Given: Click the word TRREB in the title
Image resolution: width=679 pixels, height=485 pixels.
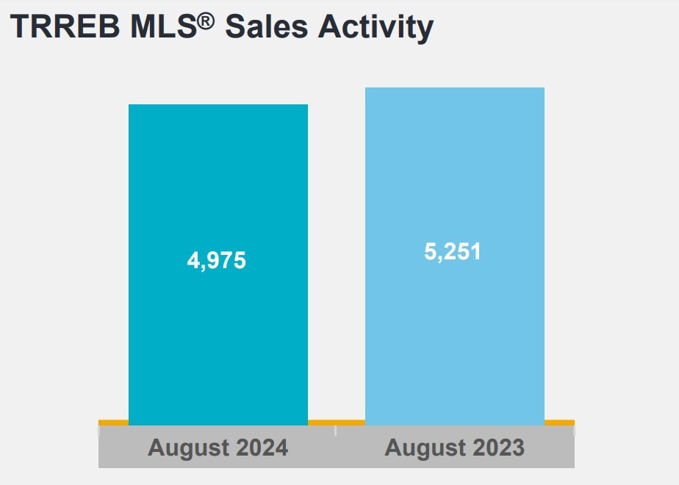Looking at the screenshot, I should coord(62,26).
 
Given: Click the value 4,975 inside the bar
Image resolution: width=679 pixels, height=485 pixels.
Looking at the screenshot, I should coord(217,261).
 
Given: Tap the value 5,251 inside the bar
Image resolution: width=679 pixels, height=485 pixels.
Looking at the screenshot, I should coord(453,251).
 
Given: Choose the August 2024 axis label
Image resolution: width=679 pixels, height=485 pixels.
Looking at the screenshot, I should coord(218,448).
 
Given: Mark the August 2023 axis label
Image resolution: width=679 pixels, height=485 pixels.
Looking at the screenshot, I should coord(454,448).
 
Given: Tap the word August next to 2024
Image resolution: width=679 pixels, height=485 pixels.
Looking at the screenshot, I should coord(186,448).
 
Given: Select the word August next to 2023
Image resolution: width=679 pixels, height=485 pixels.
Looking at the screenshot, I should coord(423,448).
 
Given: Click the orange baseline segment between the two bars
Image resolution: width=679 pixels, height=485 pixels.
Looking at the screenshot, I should coord(336,423).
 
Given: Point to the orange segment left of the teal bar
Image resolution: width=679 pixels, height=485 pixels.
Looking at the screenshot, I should coord(113,423).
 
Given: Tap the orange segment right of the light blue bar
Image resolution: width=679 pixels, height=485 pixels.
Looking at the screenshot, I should coord(559,423).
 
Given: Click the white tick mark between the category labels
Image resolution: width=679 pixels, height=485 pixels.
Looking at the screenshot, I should coord(336,431).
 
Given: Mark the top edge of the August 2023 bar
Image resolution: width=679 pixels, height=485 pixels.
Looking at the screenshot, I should coord(454,88).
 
